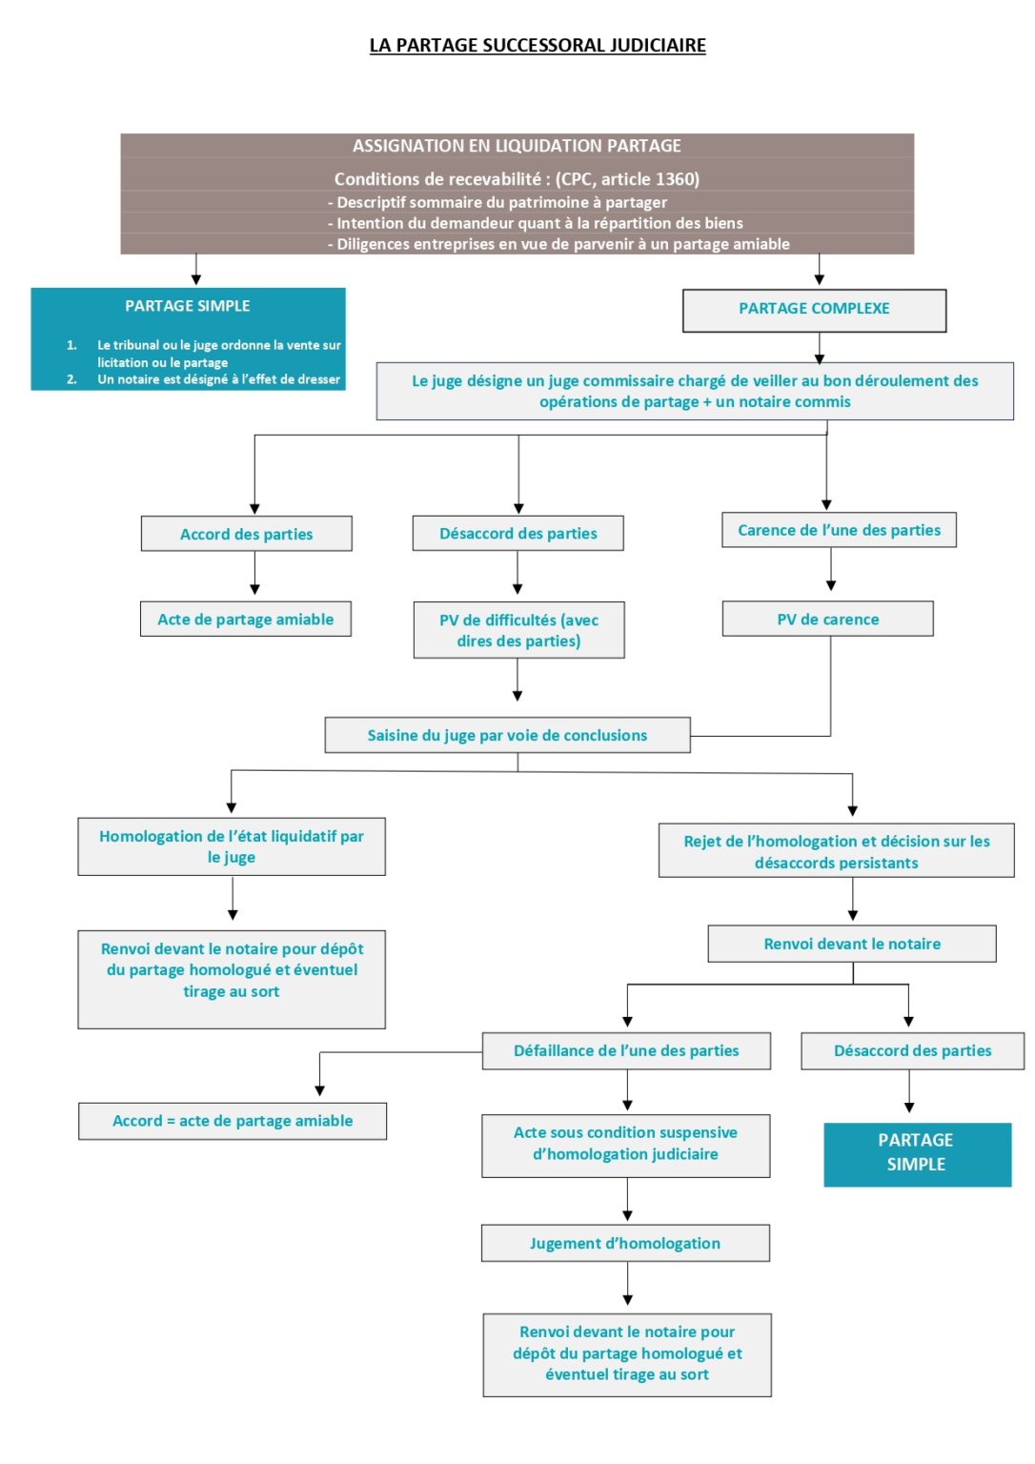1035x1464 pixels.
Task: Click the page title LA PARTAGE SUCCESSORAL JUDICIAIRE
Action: click(x=538, y=45)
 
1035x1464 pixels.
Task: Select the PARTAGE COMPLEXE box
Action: click(x=814, y=310)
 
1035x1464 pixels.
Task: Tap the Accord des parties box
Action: click(x=246, y=534)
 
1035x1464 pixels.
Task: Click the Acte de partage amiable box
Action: click(x=245, y=619)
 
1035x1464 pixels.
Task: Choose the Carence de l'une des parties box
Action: click(x=839, y=530)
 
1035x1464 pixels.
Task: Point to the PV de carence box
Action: click(x=827, y=619)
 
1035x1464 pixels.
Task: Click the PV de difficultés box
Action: click(x=518, y=630)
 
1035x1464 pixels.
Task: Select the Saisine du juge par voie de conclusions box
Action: click(x=507, y=735)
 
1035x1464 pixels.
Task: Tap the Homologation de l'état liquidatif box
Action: click(x=232, y=846)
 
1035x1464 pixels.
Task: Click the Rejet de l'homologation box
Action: click(x=836, y=851)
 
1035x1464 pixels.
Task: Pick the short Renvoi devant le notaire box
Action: click(x=851, y=944)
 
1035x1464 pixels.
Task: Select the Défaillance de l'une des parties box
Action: click(x=626, y=1050)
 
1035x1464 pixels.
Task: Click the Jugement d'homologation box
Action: click(x=625, y=1243)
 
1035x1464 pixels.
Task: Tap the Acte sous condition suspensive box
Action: click(x=625, y=1144)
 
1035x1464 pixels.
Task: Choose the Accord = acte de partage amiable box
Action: click(x=233, y=1121)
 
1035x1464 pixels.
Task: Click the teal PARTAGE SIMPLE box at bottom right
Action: click(x=917, y=1153)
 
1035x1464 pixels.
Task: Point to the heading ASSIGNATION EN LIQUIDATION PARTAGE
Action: click(x=517, y=146)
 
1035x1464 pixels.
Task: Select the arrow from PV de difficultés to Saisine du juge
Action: click(x=517, y=681)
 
